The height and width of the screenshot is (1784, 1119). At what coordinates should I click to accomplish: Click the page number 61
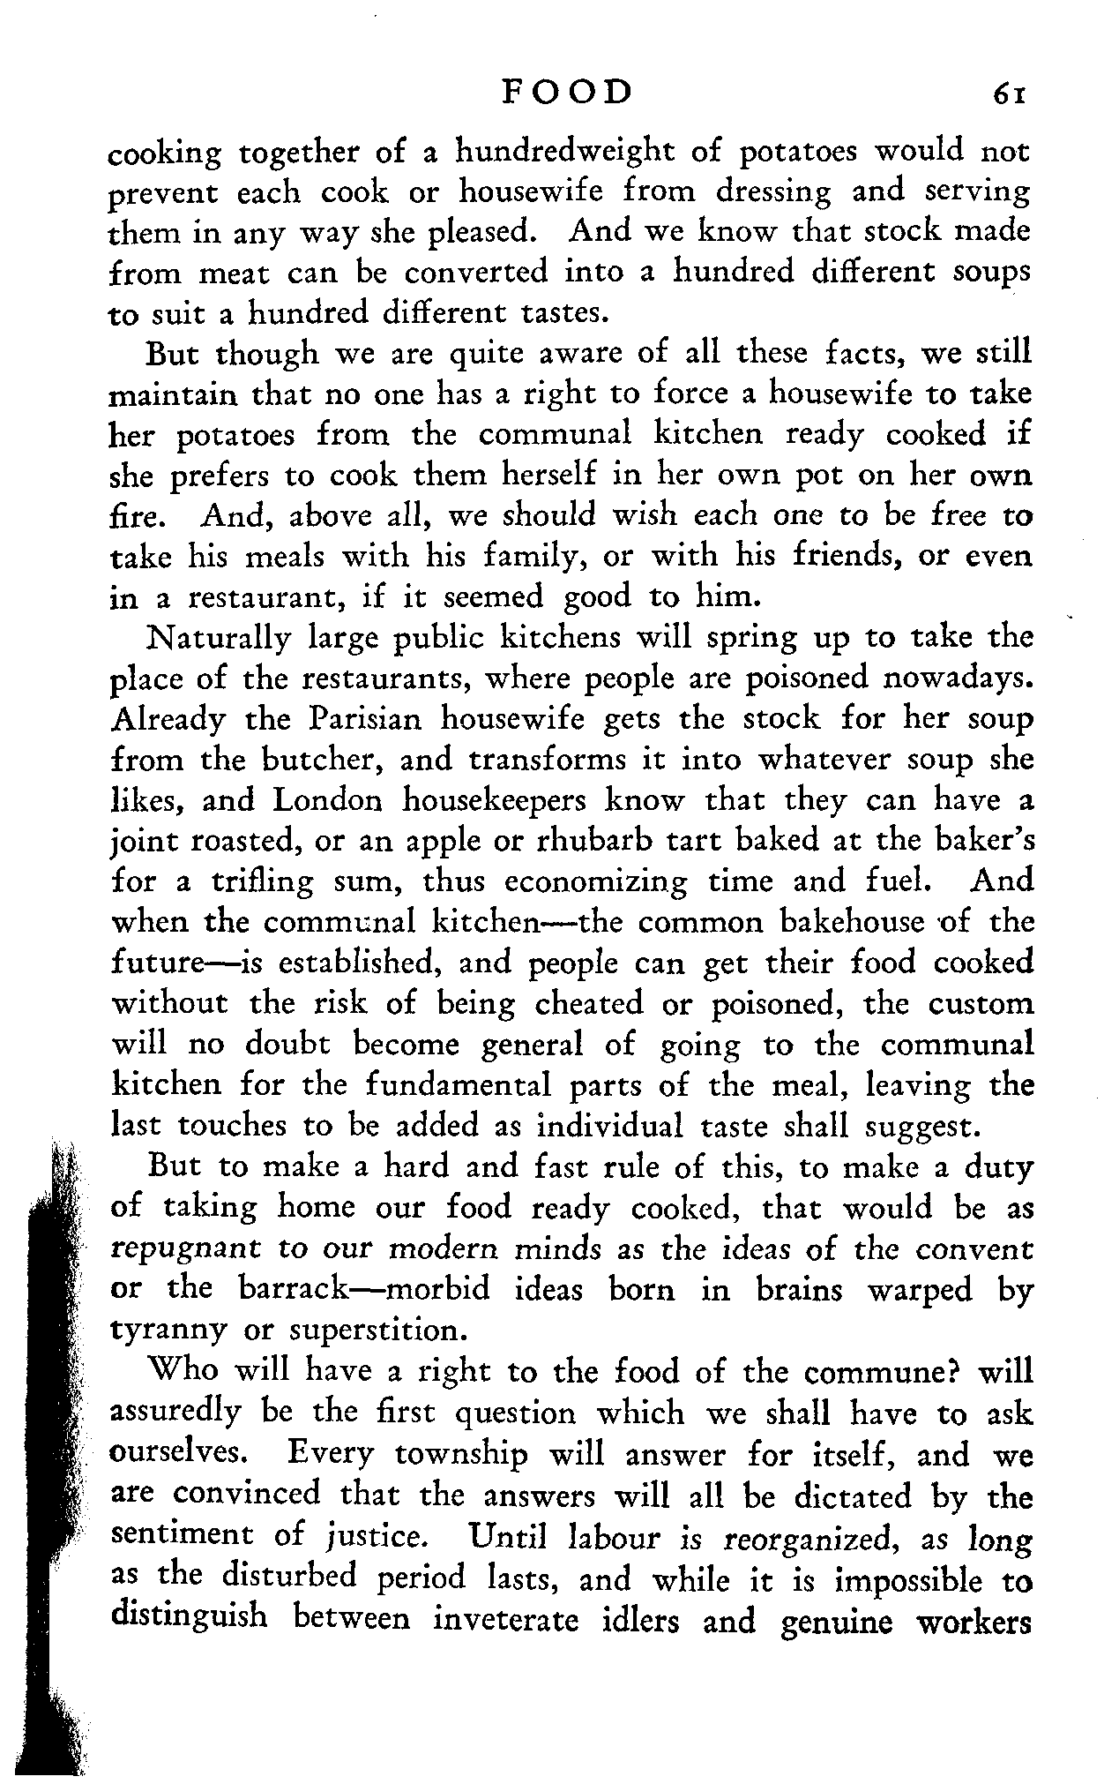[x=1009, y=94]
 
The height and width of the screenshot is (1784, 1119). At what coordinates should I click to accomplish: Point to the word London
[x=329, y=800]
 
